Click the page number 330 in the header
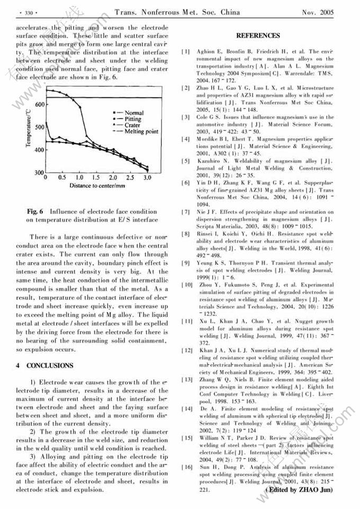pos(25,11)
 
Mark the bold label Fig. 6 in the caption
pos(35,211)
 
